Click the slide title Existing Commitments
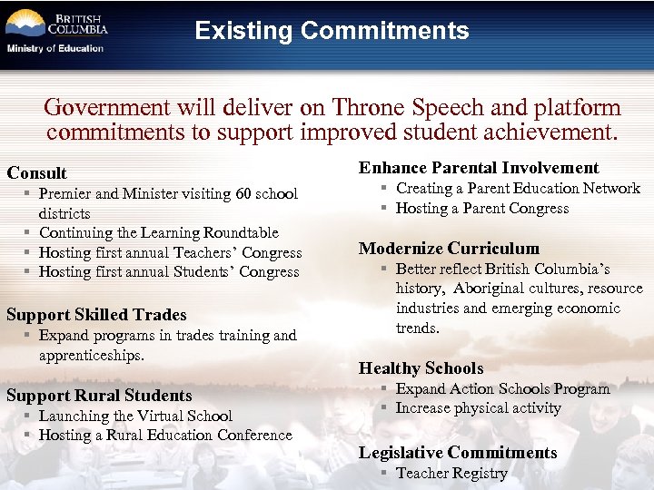pyautogui.click(x=332, y=31)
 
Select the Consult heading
pyautogui.click(x=37, y=172)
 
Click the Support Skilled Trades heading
pyautogui.click(x=96, y=315)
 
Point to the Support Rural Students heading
pyautogui.click(x=99, y=396)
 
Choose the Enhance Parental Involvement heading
pyautogui.click(x=479, y=168)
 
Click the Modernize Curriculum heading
pyautogui.click(x=449, y=249)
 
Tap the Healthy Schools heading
pyautogui.click(x=421, y=368)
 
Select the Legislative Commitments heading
pyautogui.click(x=458, y=453)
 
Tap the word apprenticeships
pyautogui.click(x=91, y=355)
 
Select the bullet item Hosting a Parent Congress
pyautogui.click(x=481, y=209)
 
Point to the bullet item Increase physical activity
pyautogui.click(x=478, y=408)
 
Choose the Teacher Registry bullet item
pyautogui.click(x=451, y=473)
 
